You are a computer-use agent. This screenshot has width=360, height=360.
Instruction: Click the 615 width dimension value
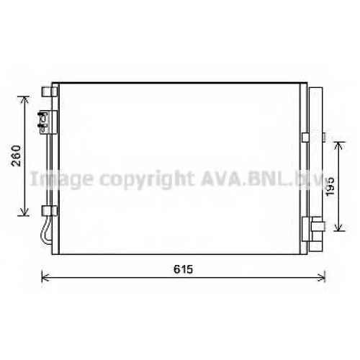tap(184, 269)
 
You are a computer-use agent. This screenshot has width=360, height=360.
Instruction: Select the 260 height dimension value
tap(17, 156)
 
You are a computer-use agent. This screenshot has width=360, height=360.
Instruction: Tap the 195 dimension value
tap(330, 186)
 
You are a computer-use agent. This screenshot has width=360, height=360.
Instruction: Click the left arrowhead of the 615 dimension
tap(45, 277)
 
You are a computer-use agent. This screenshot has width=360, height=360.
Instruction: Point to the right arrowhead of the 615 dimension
tap(322, 277)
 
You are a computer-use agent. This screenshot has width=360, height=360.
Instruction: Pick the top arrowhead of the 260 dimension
tap(24, 99)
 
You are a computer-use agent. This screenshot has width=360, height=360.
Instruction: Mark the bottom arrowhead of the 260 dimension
tap(24, 212)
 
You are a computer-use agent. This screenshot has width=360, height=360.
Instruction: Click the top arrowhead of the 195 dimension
tap(338, 145)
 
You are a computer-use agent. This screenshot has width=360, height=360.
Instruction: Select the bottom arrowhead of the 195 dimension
tap(338, 228)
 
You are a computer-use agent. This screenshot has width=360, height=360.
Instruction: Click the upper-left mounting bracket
tap(50, 91)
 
